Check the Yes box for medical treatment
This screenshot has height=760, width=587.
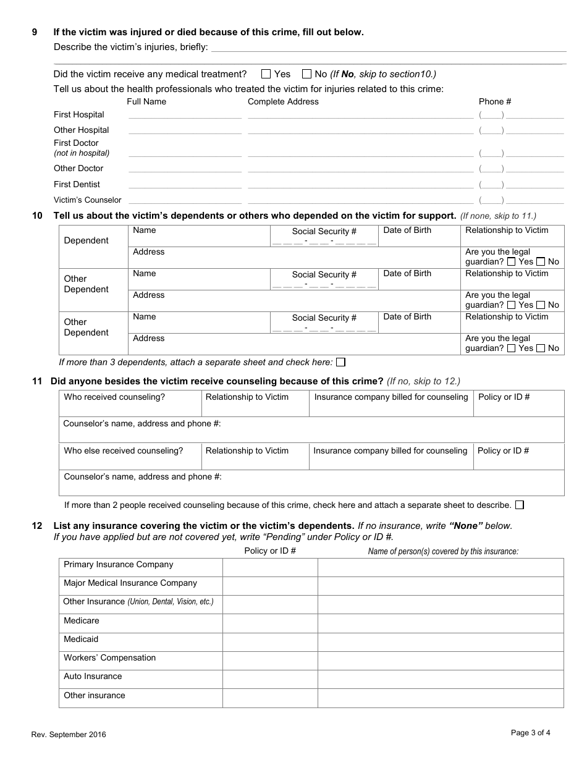pyautogui.click(x=266, y=74)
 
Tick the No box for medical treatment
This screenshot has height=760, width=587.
pyautogui.click(x=306, y=74)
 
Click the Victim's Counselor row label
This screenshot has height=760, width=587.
pyautogui.click(x=87, y=200)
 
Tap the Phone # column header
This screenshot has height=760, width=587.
pyautogui.click(x=495, y=101)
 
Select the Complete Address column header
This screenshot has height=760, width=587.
pyautogui.click(x=283, y=101)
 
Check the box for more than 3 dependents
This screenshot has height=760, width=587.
pyautogui.click(x=340, y=362)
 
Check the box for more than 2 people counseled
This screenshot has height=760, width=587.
pyautogui.click(x=520, y=505)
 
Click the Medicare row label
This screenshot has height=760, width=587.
pyautogui.click(x=81, y=620)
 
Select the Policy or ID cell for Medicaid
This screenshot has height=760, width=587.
pyautogui.click(x=270, y=642)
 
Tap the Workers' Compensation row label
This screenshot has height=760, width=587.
pyautogui.click(x=109, y=657)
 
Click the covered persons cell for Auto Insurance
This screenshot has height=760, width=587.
pyautogui.click(x=441, y=679)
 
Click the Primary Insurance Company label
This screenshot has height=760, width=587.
pyautogui.click(x=118, y=565)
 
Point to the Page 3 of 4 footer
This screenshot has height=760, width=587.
pyautogui.click(x=530, y=733)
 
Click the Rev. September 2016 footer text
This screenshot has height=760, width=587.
pyautogui.click(x=69, y=735)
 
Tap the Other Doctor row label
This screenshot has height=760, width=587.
pyautogui.click(x=78, y=169)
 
